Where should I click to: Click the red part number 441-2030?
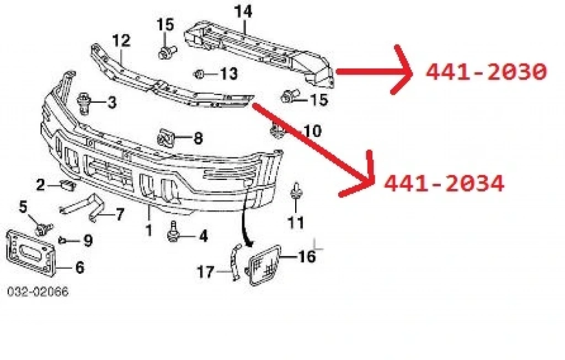[486, 72]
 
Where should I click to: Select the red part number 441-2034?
[444, 184]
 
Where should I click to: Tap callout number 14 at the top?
[243, 12]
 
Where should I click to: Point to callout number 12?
[121, 41]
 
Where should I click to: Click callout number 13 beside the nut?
[229, 73]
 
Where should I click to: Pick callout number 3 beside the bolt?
[112, 103]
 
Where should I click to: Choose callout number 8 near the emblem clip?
[198, 138]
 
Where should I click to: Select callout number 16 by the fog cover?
[307, 257]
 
